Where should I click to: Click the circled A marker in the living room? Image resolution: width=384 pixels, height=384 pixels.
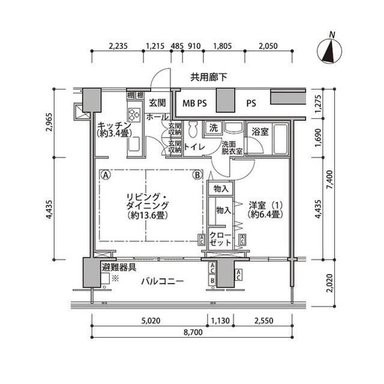(x=105, y=176)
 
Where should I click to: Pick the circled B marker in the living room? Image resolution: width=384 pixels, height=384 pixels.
(x=197, y=176)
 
